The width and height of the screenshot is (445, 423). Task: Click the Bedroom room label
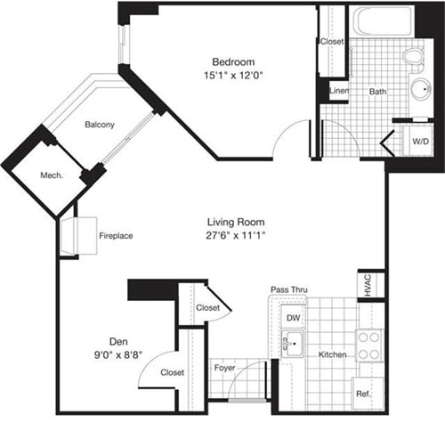[x=235, y=62]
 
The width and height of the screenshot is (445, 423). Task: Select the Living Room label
[x=237, y=222]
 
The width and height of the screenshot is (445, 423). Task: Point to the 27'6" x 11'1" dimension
[x=237, y=235]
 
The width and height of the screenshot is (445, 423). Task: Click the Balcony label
[x=100, y=125]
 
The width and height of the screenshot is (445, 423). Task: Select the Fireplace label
[x=116, y=236]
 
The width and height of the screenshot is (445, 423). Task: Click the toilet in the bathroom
[x=411, y=58]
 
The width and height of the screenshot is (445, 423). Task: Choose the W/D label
[x=419, y=141]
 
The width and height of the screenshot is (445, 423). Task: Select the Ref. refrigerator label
[x=362, y=394]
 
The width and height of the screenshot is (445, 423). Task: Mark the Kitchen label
[x=332, y=354]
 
